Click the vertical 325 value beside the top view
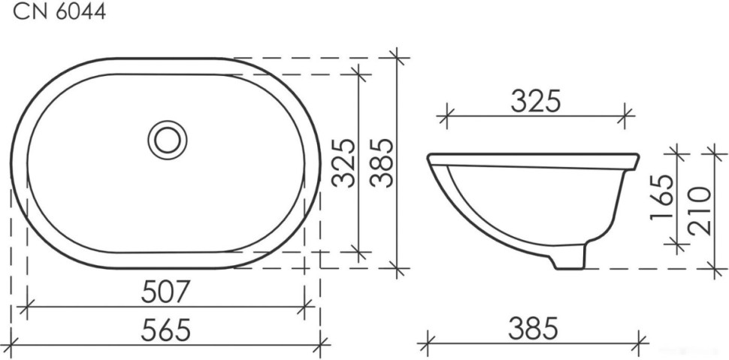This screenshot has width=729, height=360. [x=343, y=162]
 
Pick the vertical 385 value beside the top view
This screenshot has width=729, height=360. [x=383, y=162]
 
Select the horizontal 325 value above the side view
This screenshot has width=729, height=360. [x=536, y=101]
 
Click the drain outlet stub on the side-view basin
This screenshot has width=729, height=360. [x=570, y=258]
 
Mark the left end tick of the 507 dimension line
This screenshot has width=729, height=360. [x=27, y=307]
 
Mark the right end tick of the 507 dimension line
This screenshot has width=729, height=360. [x=304, y=307]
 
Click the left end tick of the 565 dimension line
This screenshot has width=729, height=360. [x=11, y=344]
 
